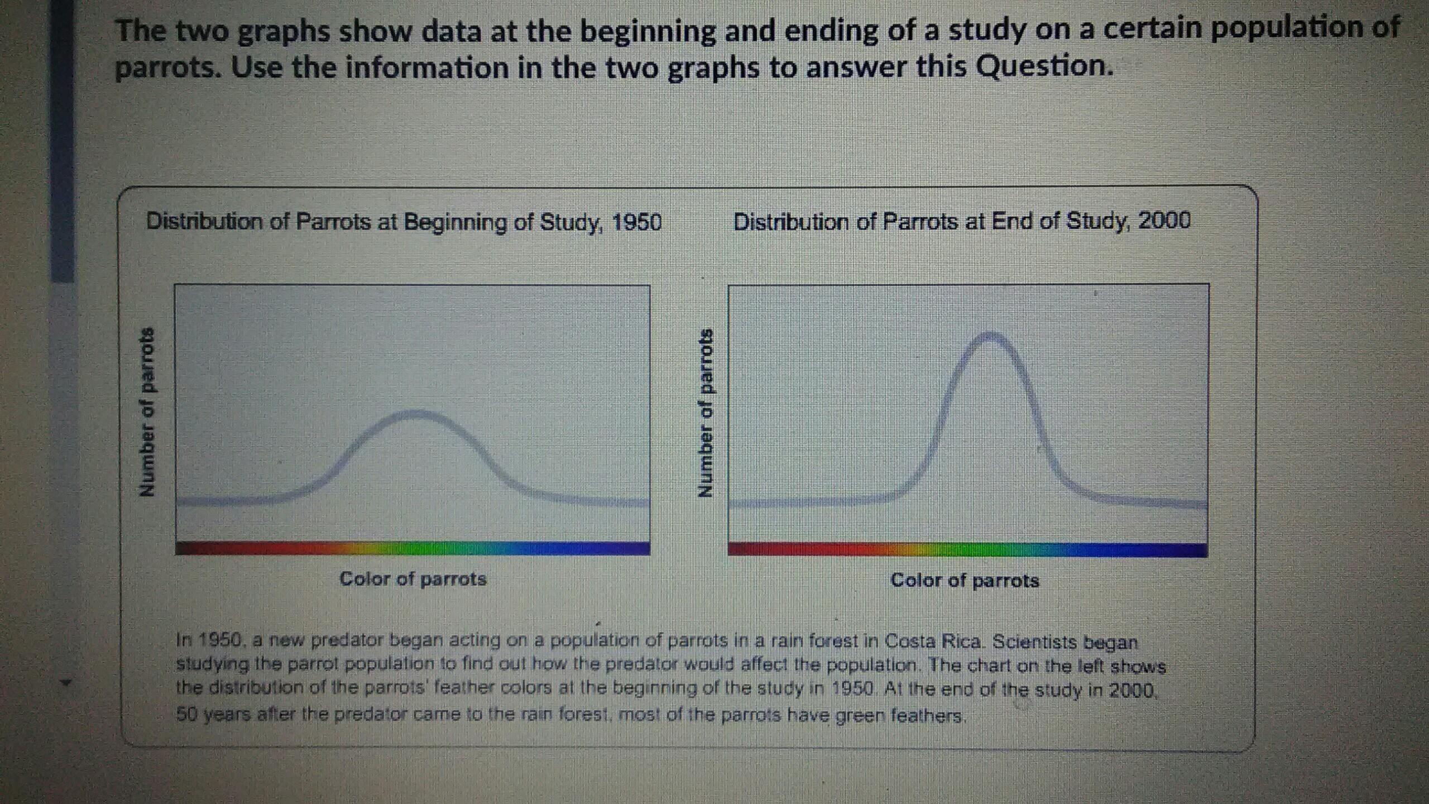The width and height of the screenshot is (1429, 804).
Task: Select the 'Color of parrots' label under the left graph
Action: (413, 579)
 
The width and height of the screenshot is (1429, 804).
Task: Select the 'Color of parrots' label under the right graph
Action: (965, 581)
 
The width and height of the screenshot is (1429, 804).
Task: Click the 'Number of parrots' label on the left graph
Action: (147, 411)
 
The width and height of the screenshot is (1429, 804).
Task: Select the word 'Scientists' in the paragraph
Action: (1034, 642)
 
